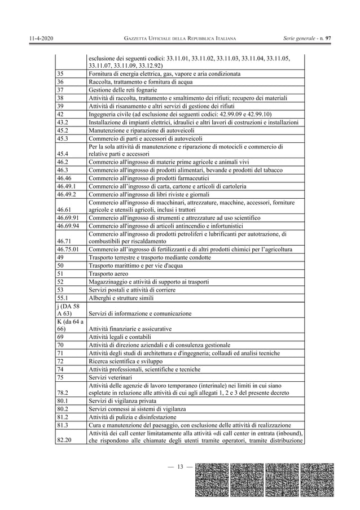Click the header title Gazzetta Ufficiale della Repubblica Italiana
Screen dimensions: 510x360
[180, 38]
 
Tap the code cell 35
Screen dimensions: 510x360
[61, 73]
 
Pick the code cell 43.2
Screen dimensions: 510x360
[63, 122]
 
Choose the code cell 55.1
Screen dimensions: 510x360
[63, 297]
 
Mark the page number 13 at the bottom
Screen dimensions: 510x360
[181, 466]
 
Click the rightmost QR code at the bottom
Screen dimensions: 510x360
[318, 480]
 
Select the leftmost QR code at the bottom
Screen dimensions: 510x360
[212, 480]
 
